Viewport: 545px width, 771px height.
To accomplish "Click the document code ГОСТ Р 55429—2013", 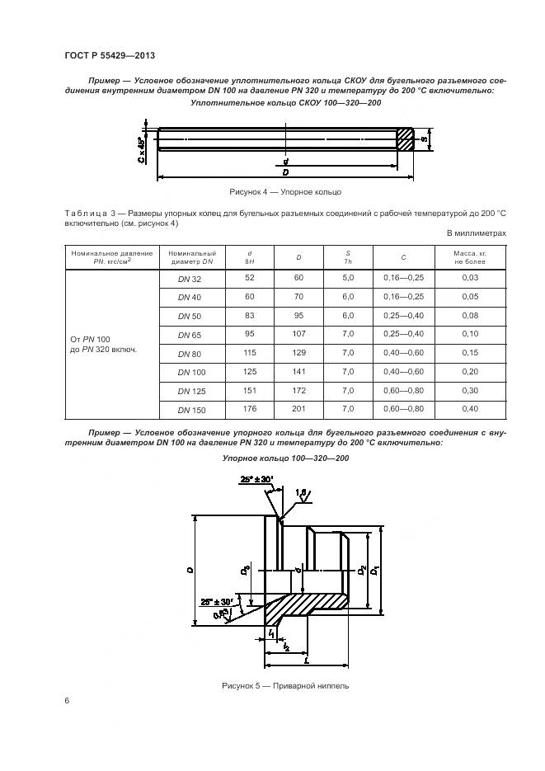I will click(x=110, y=55).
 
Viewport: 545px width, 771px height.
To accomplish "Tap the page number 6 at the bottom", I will click(x=67, y=700).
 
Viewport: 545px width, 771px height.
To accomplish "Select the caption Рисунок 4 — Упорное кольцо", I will click(x=285, y=191).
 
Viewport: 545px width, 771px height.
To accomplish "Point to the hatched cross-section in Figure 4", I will click(x=405, y=139).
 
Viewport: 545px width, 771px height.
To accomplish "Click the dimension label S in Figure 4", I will click(x=425, y=139).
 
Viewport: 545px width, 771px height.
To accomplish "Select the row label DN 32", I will click(x=190, y=279).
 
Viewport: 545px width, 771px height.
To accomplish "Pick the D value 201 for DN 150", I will click(x=298, y=408).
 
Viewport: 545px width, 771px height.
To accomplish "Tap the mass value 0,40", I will click(x=470, y=409).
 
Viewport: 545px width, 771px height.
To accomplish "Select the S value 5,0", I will click(x=348, y=278).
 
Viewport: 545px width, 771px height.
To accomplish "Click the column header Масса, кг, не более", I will click(x=470, y=256).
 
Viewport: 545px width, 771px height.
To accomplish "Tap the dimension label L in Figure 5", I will click(x=306, y=660).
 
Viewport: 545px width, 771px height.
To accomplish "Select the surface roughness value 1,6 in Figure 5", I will click(x=301, y=491).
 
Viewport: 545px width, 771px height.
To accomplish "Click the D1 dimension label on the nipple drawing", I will click(x=374, y=570).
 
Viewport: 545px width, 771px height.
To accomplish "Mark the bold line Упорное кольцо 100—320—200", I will click(x=285, y=458).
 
